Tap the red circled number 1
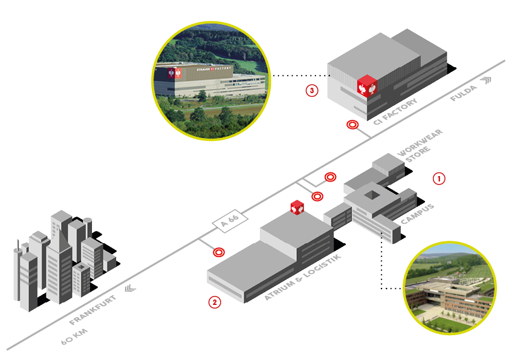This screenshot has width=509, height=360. (439, 178)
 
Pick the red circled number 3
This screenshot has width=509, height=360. (311, 91)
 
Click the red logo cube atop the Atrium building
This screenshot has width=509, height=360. (297, 207)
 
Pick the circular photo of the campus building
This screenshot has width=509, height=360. (450, 287)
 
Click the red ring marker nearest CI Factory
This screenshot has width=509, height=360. (352, 125)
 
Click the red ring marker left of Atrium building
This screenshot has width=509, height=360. (218, 251)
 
